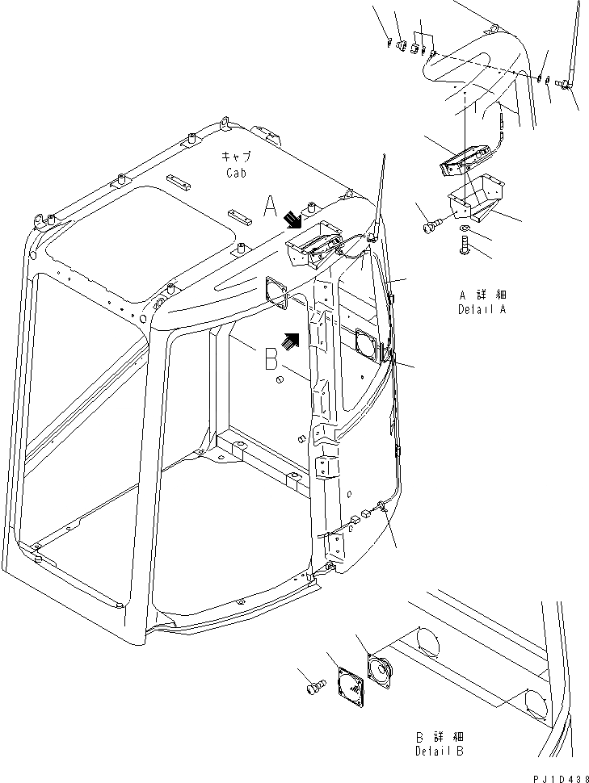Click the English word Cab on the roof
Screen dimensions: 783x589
pyautogui.click(x=234, y=172)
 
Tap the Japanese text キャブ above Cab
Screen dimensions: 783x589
pyautogui.click(x=235, y=156)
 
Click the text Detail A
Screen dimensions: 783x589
pyautogui.click(x=483, y=309)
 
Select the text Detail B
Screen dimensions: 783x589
pyautogui.click(x=440, y=751)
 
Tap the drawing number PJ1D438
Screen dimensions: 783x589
pyautogui.click(x=557, y=774)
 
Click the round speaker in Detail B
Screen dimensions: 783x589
pyautogui.click(x=377, y=671)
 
